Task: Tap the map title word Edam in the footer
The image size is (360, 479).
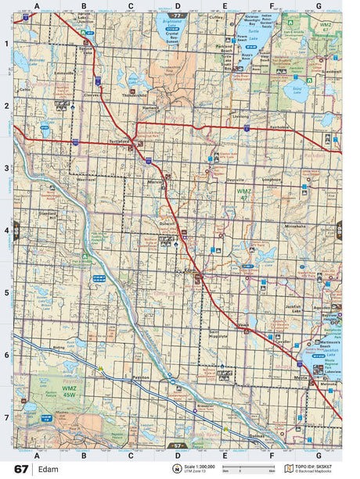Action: click(48, 469)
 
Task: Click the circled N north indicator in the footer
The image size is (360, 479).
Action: click(177, 469)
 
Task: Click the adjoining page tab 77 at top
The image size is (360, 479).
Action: click(178, 15)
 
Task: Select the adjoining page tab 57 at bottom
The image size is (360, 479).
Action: click(178, 445)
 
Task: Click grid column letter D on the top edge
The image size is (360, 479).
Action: click(178, 5)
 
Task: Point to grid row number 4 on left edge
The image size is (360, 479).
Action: click(7, 231)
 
